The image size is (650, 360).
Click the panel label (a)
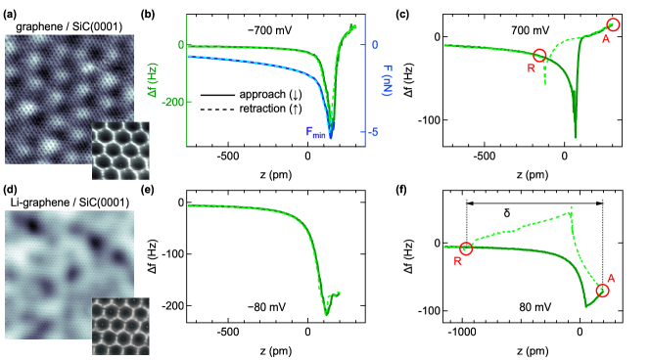coord(10,15)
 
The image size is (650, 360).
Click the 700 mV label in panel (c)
coord(530,31)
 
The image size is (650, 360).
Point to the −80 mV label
coord(267,307)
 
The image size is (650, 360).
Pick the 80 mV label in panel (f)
coord(535,307)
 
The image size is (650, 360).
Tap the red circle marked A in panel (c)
coord(614,25)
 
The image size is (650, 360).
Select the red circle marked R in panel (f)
coord(466,248)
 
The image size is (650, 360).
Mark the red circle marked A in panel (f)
coord(603,291)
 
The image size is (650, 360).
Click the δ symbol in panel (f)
coord(506,211)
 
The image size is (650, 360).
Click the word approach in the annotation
coord(257,94)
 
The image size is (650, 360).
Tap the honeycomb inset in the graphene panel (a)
coord(119,151)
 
